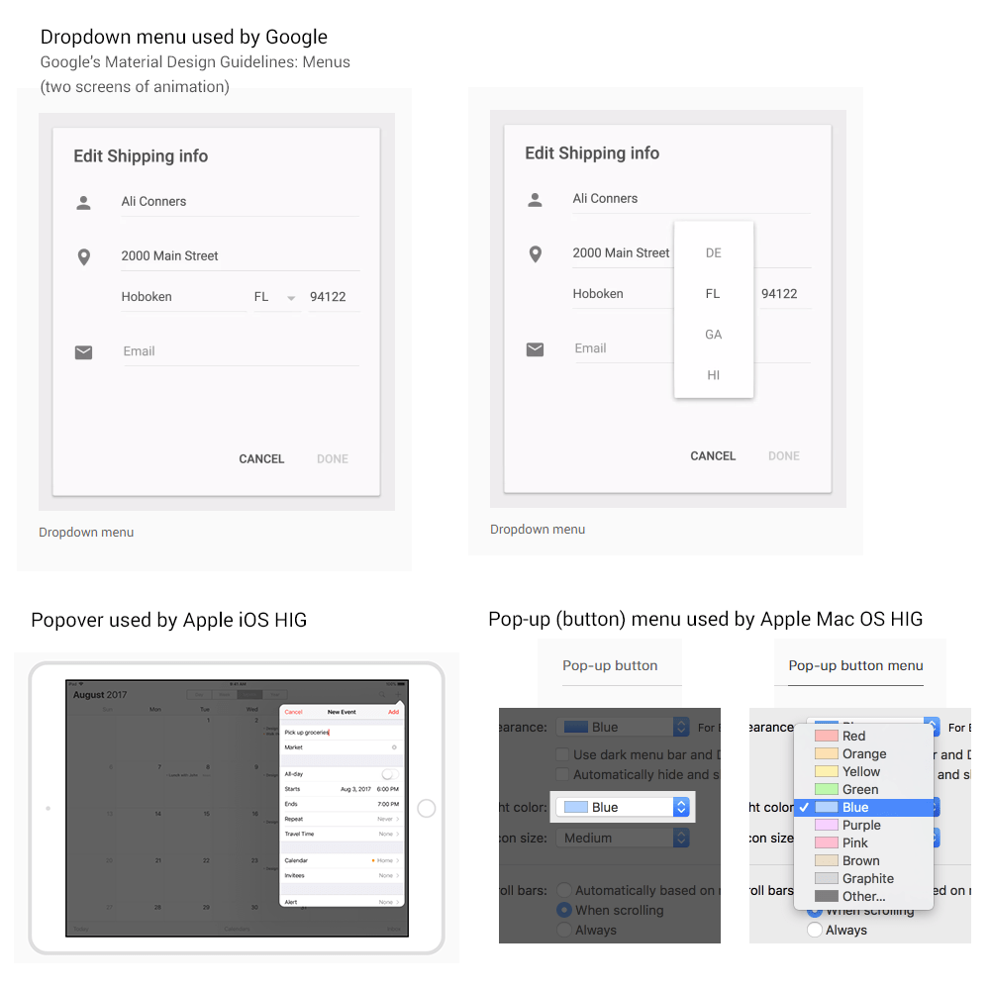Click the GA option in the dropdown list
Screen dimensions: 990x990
(x=713, y=335)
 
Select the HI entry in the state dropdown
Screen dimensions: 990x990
(x=713, y=375)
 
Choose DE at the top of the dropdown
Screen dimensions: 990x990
(x=713, y=253)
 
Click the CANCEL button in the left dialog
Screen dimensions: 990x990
(x=261, y=459)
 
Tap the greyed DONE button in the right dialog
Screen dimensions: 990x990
(x=783, y=456)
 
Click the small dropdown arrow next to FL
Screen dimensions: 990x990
(x=291, y=298)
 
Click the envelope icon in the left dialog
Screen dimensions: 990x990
(x=84, y=352)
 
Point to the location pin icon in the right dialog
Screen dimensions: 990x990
(x=536, y=254)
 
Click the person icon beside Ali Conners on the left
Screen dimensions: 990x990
(x=84, y=203)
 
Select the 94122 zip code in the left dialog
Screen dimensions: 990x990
(x=328, y=297)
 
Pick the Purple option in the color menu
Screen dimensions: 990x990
(x=860, y=826)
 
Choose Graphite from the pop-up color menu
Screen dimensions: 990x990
(x=867, y=879)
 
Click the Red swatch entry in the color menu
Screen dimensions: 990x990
(x=853, y=737)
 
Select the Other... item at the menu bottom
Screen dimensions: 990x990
(x=863, y=897)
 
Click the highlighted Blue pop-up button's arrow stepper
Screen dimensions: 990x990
(x=681, y=808)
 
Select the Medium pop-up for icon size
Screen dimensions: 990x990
(x=622, y=839)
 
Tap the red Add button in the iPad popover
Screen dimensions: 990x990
(x=393, y=712)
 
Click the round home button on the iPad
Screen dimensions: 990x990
(x=427, y=809)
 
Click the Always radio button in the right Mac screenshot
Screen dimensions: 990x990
(x=815, y=931)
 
